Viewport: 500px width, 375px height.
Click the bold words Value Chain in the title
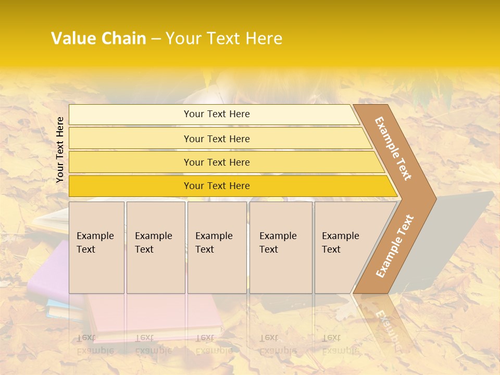[98, 39]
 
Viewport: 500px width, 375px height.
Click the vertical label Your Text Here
[60, 149]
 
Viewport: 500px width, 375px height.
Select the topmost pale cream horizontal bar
[216, 114]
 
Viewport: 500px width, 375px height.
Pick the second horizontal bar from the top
[216, 139]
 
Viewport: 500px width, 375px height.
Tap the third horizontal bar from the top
[216, 162]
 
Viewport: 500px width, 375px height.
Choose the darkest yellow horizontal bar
[216, 186]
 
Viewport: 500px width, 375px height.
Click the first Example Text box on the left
[96, 247]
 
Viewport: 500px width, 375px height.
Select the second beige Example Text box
[155, 247]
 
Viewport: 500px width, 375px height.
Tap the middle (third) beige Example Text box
[217, 247]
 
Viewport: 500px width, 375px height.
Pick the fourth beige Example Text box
[281, 247]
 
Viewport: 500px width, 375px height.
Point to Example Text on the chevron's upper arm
[393, 148]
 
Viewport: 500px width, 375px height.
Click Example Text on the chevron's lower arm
[395, 246]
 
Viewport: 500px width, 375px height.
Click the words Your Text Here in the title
[224, 39]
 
